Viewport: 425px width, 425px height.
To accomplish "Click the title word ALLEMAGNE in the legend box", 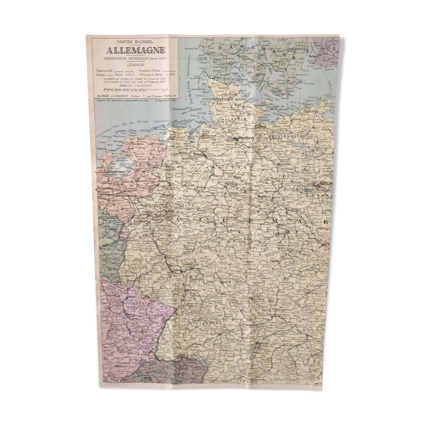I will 136,50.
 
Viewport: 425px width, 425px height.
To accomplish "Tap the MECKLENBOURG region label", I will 287,137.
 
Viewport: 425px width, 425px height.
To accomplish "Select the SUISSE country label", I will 172,373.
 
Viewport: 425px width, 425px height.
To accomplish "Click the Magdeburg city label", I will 265,197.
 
